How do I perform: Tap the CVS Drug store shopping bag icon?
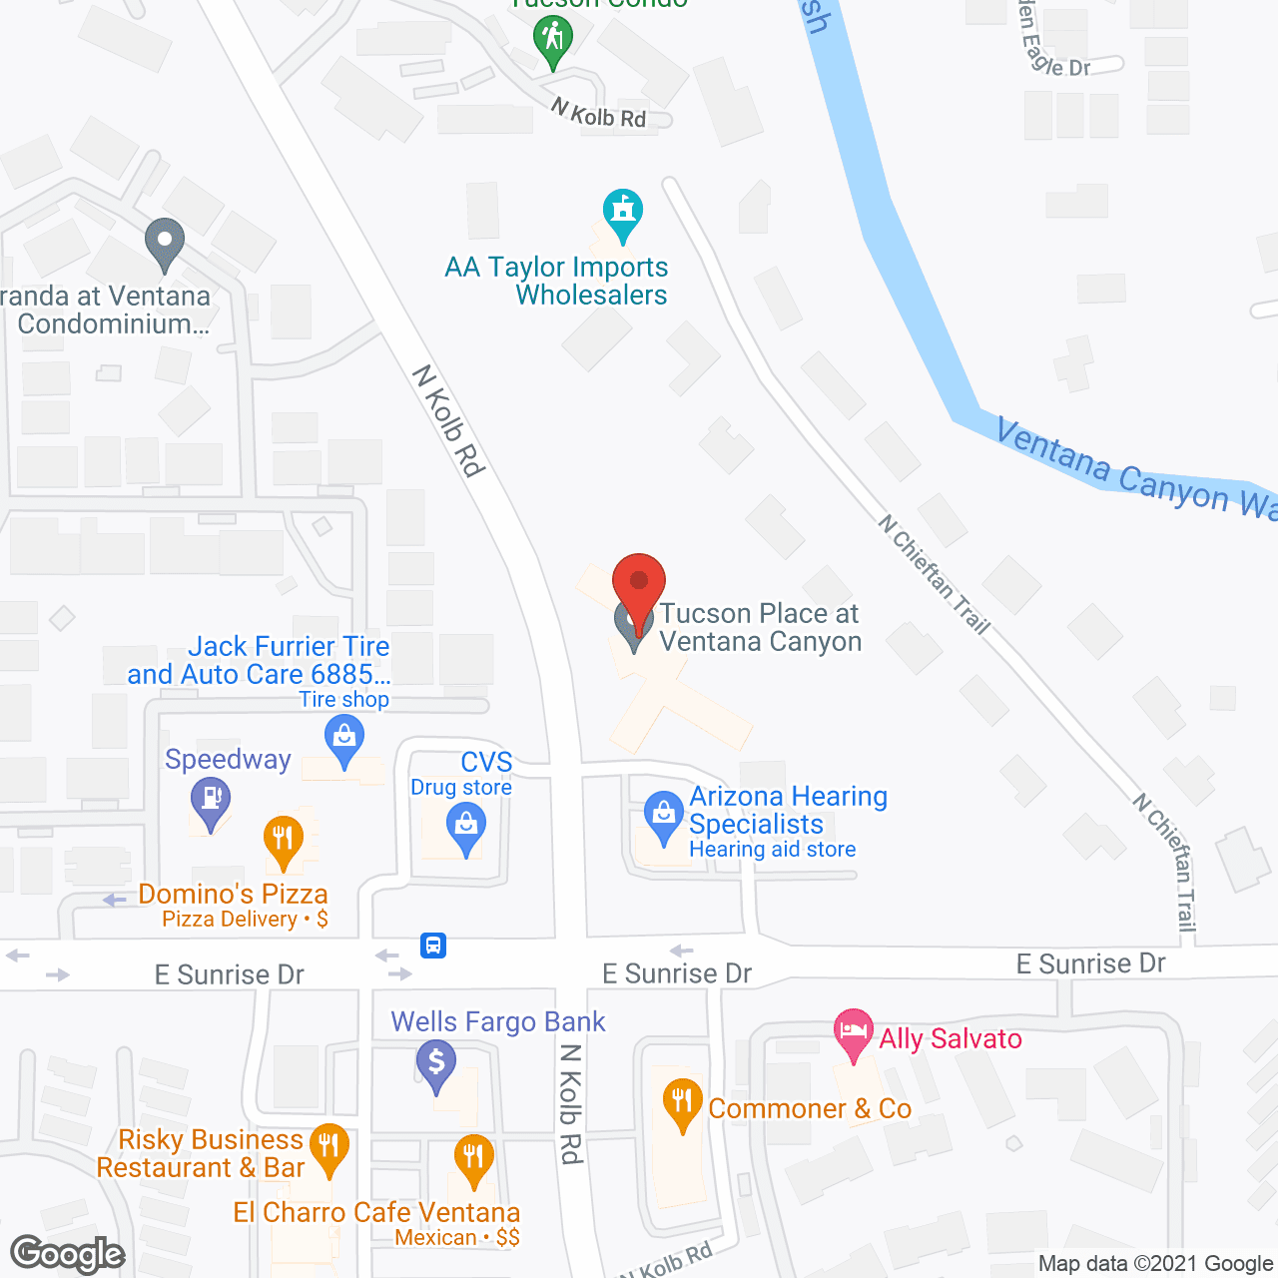point(465,828)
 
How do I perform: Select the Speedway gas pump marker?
point(211,801)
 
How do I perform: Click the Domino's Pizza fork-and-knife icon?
point(284,839)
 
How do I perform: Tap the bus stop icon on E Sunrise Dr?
point(433,945)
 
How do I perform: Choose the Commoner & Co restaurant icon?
point(682,1102)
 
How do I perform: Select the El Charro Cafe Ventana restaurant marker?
point(473,1158)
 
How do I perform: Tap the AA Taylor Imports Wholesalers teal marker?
point(623,213)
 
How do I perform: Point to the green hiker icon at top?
point(552,41)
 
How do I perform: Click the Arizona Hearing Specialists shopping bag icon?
point(663,815)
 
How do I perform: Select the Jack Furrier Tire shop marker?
point(344,741)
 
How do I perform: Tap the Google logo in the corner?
point(68,1254)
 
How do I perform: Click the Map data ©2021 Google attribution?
point(1156,1264)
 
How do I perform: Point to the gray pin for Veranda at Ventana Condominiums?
point(165,243)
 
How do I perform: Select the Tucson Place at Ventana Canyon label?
point(760,628)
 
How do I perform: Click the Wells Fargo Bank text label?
point(498,1021)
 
